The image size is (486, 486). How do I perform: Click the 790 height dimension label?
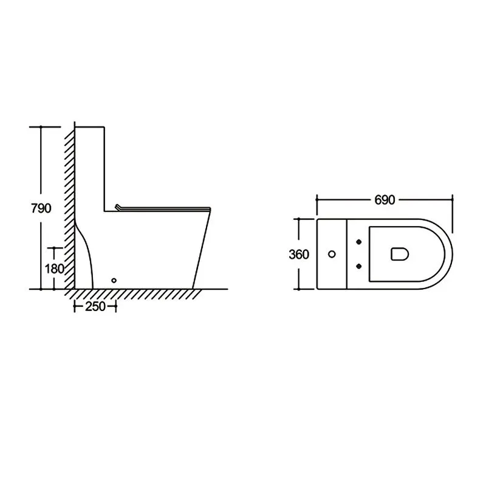tap(41, 208)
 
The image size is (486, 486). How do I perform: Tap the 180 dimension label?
tap(54, 269)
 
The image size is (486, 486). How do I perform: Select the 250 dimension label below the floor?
tap(95, 307)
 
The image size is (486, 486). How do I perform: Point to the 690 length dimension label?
tap(385, 200)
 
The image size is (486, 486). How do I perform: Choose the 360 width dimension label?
tap(299, 255)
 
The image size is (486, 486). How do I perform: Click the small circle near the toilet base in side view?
tap(114, 280)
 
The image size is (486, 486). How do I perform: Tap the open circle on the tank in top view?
tap(332, 254)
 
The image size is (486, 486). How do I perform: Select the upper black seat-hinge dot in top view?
tap(359, 242)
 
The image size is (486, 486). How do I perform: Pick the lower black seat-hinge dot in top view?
tap(359, 266)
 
